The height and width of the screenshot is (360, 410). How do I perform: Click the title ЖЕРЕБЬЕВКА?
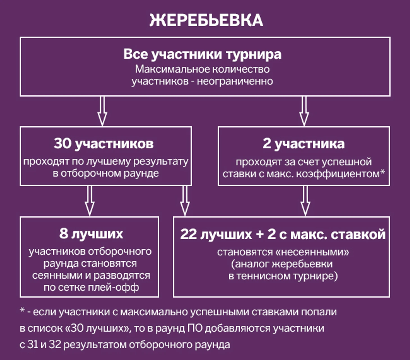(206, 20)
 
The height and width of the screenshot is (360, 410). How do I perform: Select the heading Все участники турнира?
(202, 54)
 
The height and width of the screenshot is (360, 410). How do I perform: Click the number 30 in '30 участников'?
(63, 144)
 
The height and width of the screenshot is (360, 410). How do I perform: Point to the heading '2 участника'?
(304, 144)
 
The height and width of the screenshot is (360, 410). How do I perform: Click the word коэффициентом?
(338, 174)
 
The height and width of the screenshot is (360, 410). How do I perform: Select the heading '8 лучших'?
(91, 234)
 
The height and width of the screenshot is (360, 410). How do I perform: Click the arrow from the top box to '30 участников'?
(102, 111)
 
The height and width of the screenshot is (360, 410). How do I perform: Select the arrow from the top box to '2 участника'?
(304, 111)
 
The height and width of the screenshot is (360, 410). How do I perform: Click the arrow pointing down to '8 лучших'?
(90, 201)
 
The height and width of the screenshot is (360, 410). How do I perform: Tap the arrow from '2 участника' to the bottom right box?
(306, 201)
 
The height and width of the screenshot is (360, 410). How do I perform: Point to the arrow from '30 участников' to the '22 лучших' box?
(184, 201)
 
